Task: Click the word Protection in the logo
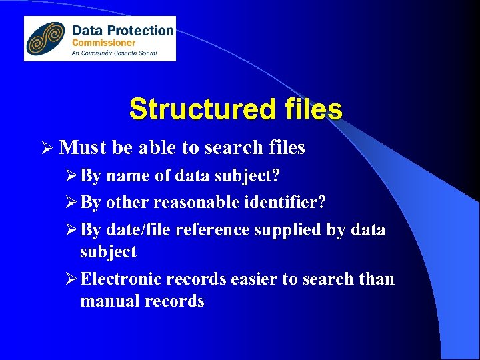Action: coord(141,30)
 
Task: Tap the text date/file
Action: coord(142,230)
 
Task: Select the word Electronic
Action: coord(120,279)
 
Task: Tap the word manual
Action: coord(107,301)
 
